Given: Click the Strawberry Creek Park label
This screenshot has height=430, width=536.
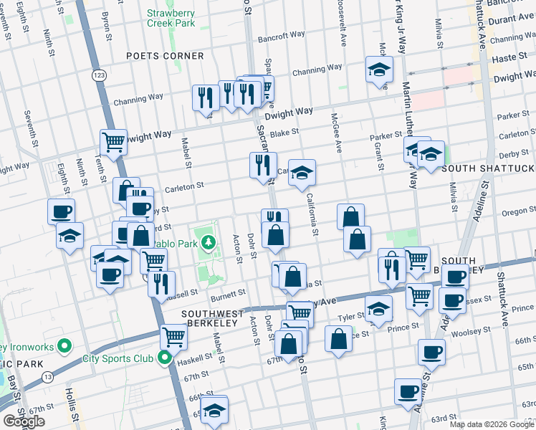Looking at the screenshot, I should point(171,18).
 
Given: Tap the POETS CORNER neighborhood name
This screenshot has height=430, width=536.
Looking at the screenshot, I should point(164,56).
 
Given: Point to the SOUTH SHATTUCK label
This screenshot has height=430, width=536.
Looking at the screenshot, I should point(487,168).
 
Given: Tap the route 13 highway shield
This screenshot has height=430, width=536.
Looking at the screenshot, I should point(48,376).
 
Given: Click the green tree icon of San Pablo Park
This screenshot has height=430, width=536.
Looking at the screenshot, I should point(209,243).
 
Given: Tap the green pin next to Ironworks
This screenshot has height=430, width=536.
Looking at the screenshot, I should point(64,347).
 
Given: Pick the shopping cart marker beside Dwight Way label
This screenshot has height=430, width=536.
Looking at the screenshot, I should point(113,143).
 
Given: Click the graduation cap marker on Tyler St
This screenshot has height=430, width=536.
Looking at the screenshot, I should point(378,309).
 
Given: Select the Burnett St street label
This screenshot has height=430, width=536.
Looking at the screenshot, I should point(228,294).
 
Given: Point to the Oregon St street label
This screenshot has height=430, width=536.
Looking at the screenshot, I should point(513,211).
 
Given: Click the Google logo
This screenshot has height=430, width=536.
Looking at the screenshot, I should point(24,421).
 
